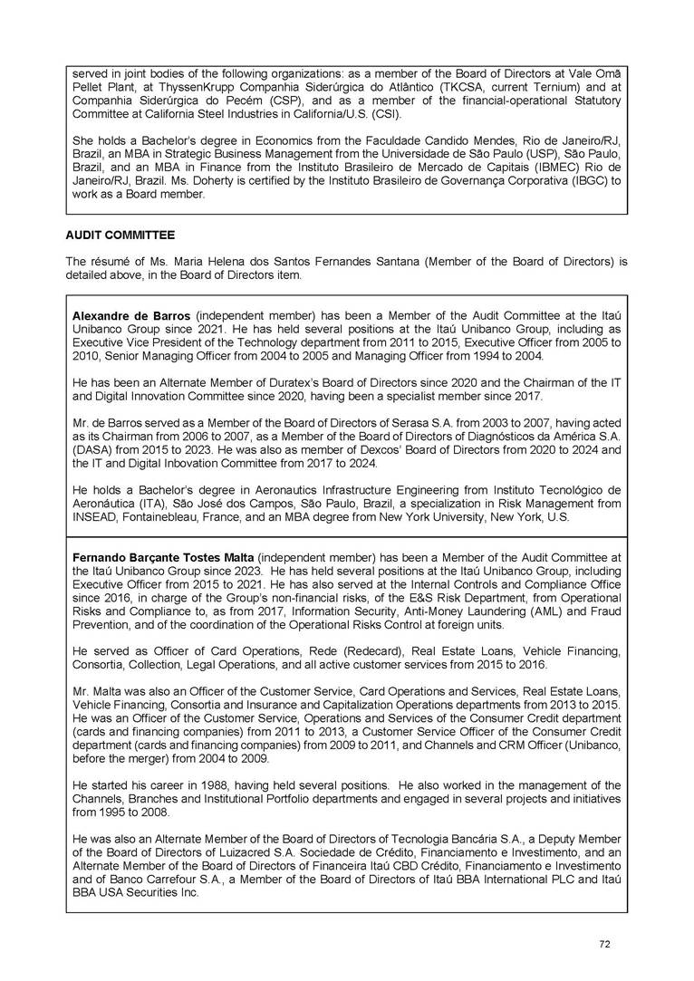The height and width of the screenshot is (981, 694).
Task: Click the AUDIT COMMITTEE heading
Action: tap(120, 235)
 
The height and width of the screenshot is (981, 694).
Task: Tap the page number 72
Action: tap(604, 944)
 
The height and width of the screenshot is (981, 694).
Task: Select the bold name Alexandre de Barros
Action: tap(131, 314)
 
